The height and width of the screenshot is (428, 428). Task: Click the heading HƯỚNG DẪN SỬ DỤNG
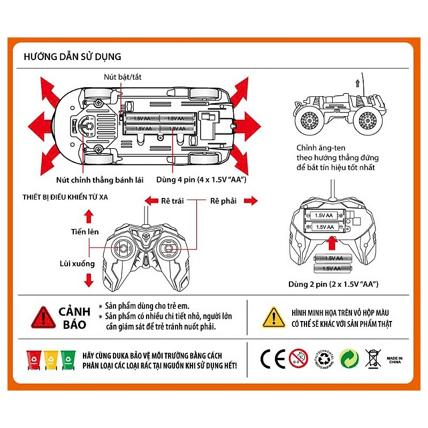click(x=73, y=56)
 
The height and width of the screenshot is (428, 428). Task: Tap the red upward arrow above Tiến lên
click(x=89, y=216)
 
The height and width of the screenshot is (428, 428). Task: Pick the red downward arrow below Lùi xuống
click(x=89, y=279)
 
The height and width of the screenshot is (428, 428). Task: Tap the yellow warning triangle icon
click(x=274, y=317)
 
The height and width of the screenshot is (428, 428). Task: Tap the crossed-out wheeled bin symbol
click(x=372, y=358)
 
